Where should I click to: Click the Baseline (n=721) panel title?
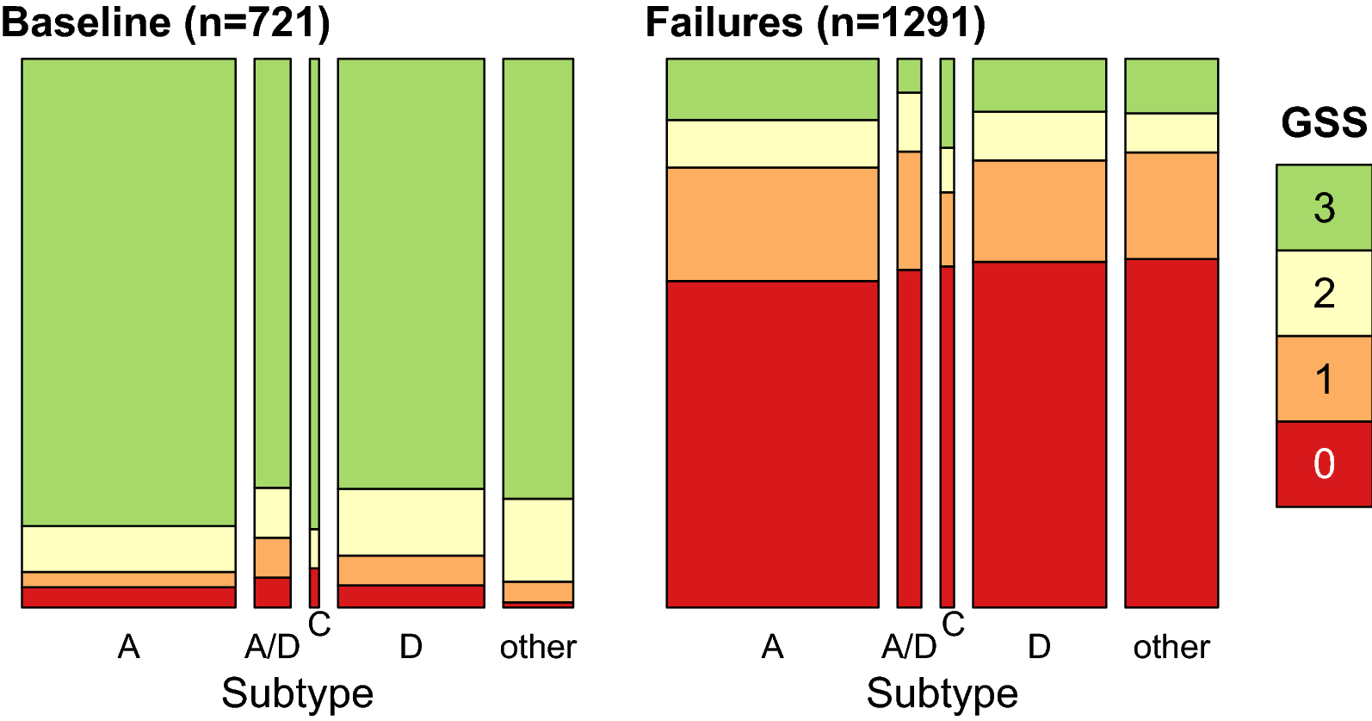pos(165,22)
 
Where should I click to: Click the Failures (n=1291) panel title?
pos(815,22)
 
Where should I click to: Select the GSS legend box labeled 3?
pos(1323,208)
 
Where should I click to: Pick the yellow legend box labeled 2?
pos(1323,293)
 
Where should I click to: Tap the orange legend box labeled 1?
pos(1323,379)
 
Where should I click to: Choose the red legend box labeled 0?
pos(1323,464)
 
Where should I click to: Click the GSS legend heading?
pos(1323,123)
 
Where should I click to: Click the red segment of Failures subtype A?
pos(772,444)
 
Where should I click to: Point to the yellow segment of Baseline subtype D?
pos(411,522)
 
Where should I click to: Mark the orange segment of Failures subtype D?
pos(1039,211)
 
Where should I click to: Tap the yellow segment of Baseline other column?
pos(538,540)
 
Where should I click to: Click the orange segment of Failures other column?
pos(1171,206)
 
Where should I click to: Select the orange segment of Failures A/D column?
pos(909,211)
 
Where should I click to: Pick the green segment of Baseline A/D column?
pos(272,273)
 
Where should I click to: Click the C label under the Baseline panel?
pos(319,625)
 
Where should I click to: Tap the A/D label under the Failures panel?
pos(909,647)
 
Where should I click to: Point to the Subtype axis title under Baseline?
pos(297,693)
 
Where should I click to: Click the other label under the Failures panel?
pos(1171,647)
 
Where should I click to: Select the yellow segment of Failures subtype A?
pos(772,144)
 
